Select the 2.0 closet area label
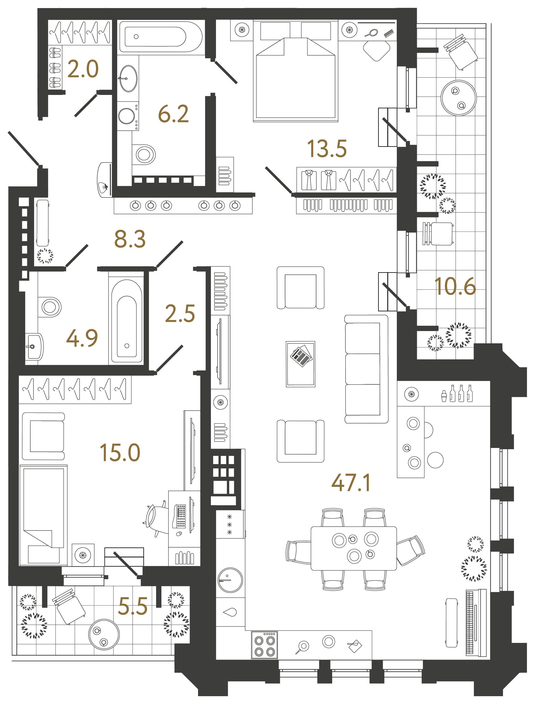click(x=83, y=69)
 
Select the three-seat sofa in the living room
click(x=366, y=369)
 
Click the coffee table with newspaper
click(x=300, y=364)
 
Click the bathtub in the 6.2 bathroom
click(x=161, y=37)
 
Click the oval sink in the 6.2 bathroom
click(x=128, y=78)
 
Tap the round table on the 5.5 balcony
click(x=104, y=634)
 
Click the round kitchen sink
click(x=230, y=580)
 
